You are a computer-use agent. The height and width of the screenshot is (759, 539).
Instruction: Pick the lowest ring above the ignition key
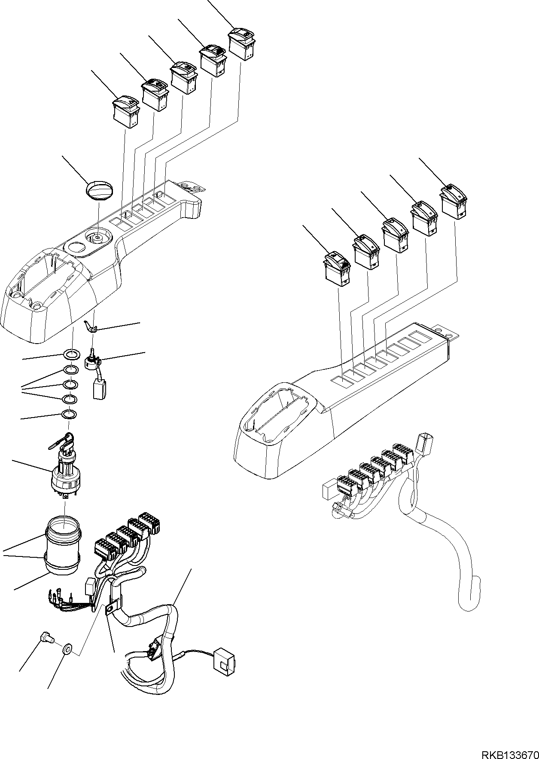pyautogui.click(x=70, y=415)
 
